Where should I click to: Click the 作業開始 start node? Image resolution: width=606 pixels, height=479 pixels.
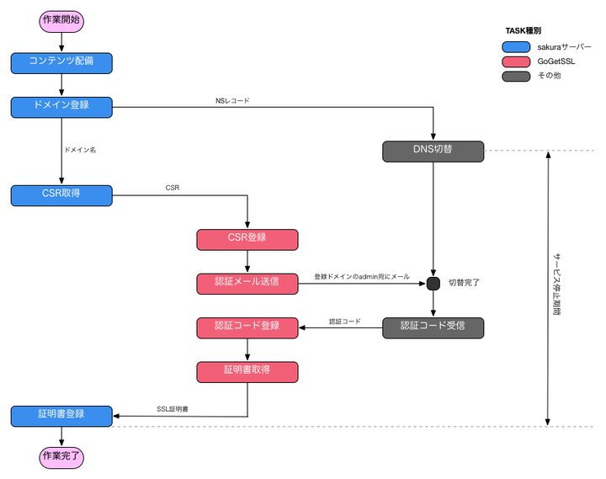click(x=62, y=20)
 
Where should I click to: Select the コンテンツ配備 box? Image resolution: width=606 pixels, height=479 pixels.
click(x=61, y=62)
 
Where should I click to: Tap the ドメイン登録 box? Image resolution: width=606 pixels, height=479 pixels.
click(x=61, y=107)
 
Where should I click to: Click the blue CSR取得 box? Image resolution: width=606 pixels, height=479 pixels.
click(x=61, y=195)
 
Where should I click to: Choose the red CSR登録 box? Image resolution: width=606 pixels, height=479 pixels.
click(x=247, y=239)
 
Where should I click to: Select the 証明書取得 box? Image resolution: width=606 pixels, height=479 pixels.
click(x=247, y=371)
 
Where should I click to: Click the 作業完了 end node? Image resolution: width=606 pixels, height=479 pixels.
click(x=62, y=456)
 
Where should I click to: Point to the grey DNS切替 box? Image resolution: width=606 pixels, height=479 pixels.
click(x=433, y=151)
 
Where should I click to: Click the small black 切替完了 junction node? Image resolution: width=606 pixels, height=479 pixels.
click(x=433, y=283)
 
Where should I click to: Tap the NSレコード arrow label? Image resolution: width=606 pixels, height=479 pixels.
click(x=232, y=101)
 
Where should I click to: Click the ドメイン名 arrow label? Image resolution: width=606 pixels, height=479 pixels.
click(x=80, y=151)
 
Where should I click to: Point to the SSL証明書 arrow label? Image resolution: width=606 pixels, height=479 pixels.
click(x=173, y=409)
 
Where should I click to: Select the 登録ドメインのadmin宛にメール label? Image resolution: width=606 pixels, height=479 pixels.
click(x=362, y=277)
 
